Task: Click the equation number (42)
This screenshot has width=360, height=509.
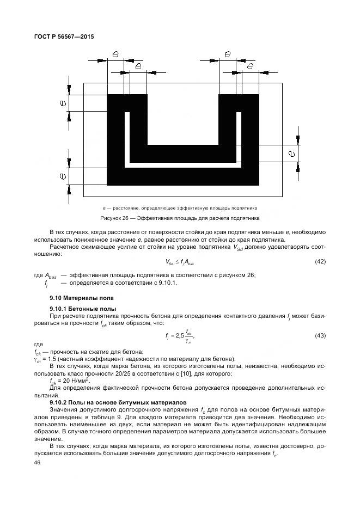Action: click(x=320, y=262)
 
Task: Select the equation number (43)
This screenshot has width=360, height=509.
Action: click(x=320, y=335)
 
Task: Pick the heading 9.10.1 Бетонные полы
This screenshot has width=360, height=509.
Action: click(x=80, y=309)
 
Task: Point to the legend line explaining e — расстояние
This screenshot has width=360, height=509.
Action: click(x=180, y=208)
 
